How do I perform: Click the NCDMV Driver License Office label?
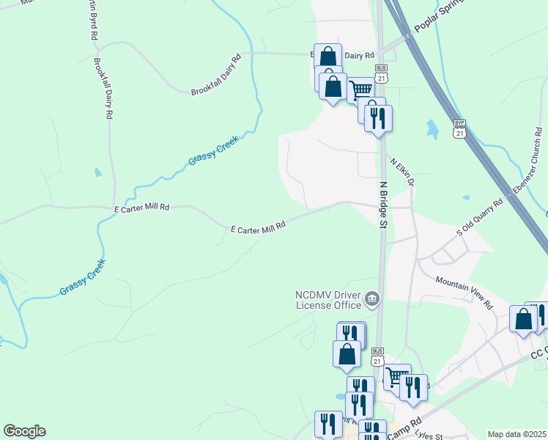tap(327, 300)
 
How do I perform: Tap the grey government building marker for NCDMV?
tap(372, 298)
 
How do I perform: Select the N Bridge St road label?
tap(382, 205)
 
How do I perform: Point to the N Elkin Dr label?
tap(403, 172)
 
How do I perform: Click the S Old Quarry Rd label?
tap(481, 218)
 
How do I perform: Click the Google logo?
tap(24, 431)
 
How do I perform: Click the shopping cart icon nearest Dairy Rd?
tap(360, 90)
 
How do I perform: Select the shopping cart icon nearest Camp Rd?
tap(396, 377)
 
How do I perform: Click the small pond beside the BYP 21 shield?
tap(433, 130)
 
